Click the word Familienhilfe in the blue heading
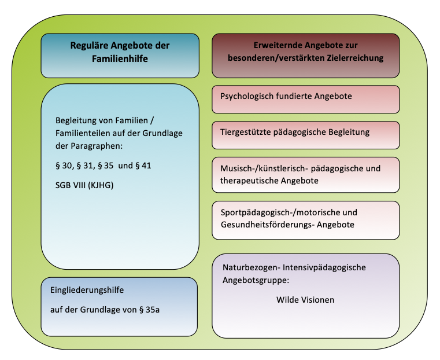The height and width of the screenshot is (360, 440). (x=120, y=58)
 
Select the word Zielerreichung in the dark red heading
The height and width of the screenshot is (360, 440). (x=355, y=58)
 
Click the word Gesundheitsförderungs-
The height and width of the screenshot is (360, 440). (x=268, y=225)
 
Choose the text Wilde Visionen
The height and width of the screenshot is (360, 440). (x=305, y=300)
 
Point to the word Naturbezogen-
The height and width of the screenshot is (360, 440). (x=252, y=267)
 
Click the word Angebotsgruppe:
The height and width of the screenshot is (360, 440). (x=256, y=280)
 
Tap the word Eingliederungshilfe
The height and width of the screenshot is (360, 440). (x=87, y=290)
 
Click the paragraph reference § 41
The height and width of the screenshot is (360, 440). (x=143, y=166)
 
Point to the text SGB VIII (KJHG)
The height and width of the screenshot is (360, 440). (x=84, y=185)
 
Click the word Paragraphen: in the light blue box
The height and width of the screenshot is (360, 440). (x=97, y=146)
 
